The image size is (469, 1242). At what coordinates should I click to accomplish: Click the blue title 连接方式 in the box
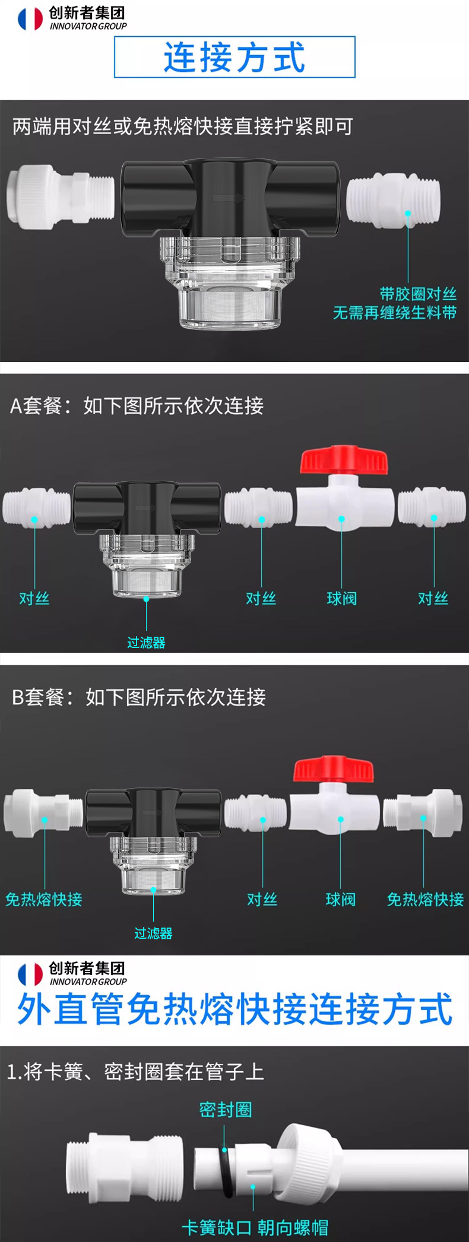tap(235, 57)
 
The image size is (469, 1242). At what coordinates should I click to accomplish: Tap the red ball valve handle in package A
tap(344, 460)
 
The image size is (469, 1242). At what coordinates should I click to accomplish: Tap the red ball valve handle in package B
tap(334, 768)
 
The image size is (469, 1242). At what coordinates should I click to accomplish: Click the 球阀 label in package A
tap(341, 598)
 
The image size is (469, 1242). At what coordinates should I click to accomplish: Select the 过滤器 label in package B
tap(153, 933)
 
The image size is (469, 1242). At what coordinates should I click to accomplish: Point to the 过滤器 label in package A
tap(146, 642)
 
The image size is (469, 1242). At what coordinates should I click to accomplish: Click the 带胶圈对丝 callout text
tap(418, 294)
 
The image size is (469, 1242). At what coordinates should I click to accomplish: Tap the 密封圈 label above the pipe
tap(226, 1109)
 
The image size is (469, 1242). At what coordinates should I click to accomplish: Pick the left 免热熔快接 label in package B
tap(44, 900)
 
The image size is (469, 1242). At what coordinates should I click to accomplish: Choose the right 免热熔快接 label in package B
tap(425, 900)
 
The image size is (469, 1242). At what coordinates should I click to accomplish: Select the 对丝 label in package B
tap(262, 900)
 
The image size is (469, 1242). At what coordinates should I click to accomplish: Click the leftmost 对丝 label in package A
tap(34, 598)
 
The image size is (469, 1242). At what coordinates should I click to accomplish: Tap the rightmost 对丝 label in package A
tap(433, 598)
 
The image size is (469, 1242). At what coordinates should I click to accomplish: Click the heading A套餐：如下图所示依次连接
tap(137, 406)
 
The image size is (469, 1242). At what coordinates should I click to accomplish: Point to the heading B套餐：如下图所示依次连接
tap(139, 697)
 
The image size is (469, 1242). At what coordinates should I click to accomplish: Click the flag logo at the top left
tap(30, 18)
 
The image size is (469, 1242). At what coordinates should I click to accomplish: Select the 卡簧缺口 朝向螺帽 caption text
tap(255, 1227)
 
